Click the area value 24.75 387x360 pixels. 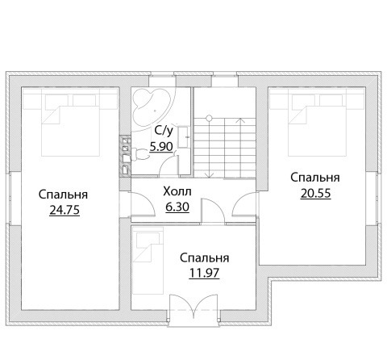(x=64, y=210)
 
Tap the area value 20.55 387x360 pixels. (x=315, y=193)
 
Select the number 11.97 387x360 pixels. (x=204, y=274)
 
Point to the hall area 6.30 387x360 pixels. (x=177, y=207)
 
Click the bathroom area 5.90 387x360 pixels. (x=161, y=147)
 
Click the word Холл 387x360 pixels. (x=177, y=191)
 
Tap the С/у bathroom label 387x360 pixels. (x=164, y=131)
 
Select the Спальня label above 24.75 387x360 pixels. (x=63, y=195)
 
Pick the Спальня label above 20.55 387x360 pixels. (x=315, y=178)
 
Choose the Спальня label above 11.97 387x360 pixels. (x=205, y=258)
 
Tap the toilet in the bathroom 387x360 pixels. (x=140, y=155)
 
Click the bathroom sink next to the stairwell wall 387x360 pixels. (x=184, y=136)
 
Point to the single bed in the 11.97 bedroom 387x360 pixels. (x=148, y=261)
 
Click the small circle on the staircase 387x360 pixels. (x=209, y=118)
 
